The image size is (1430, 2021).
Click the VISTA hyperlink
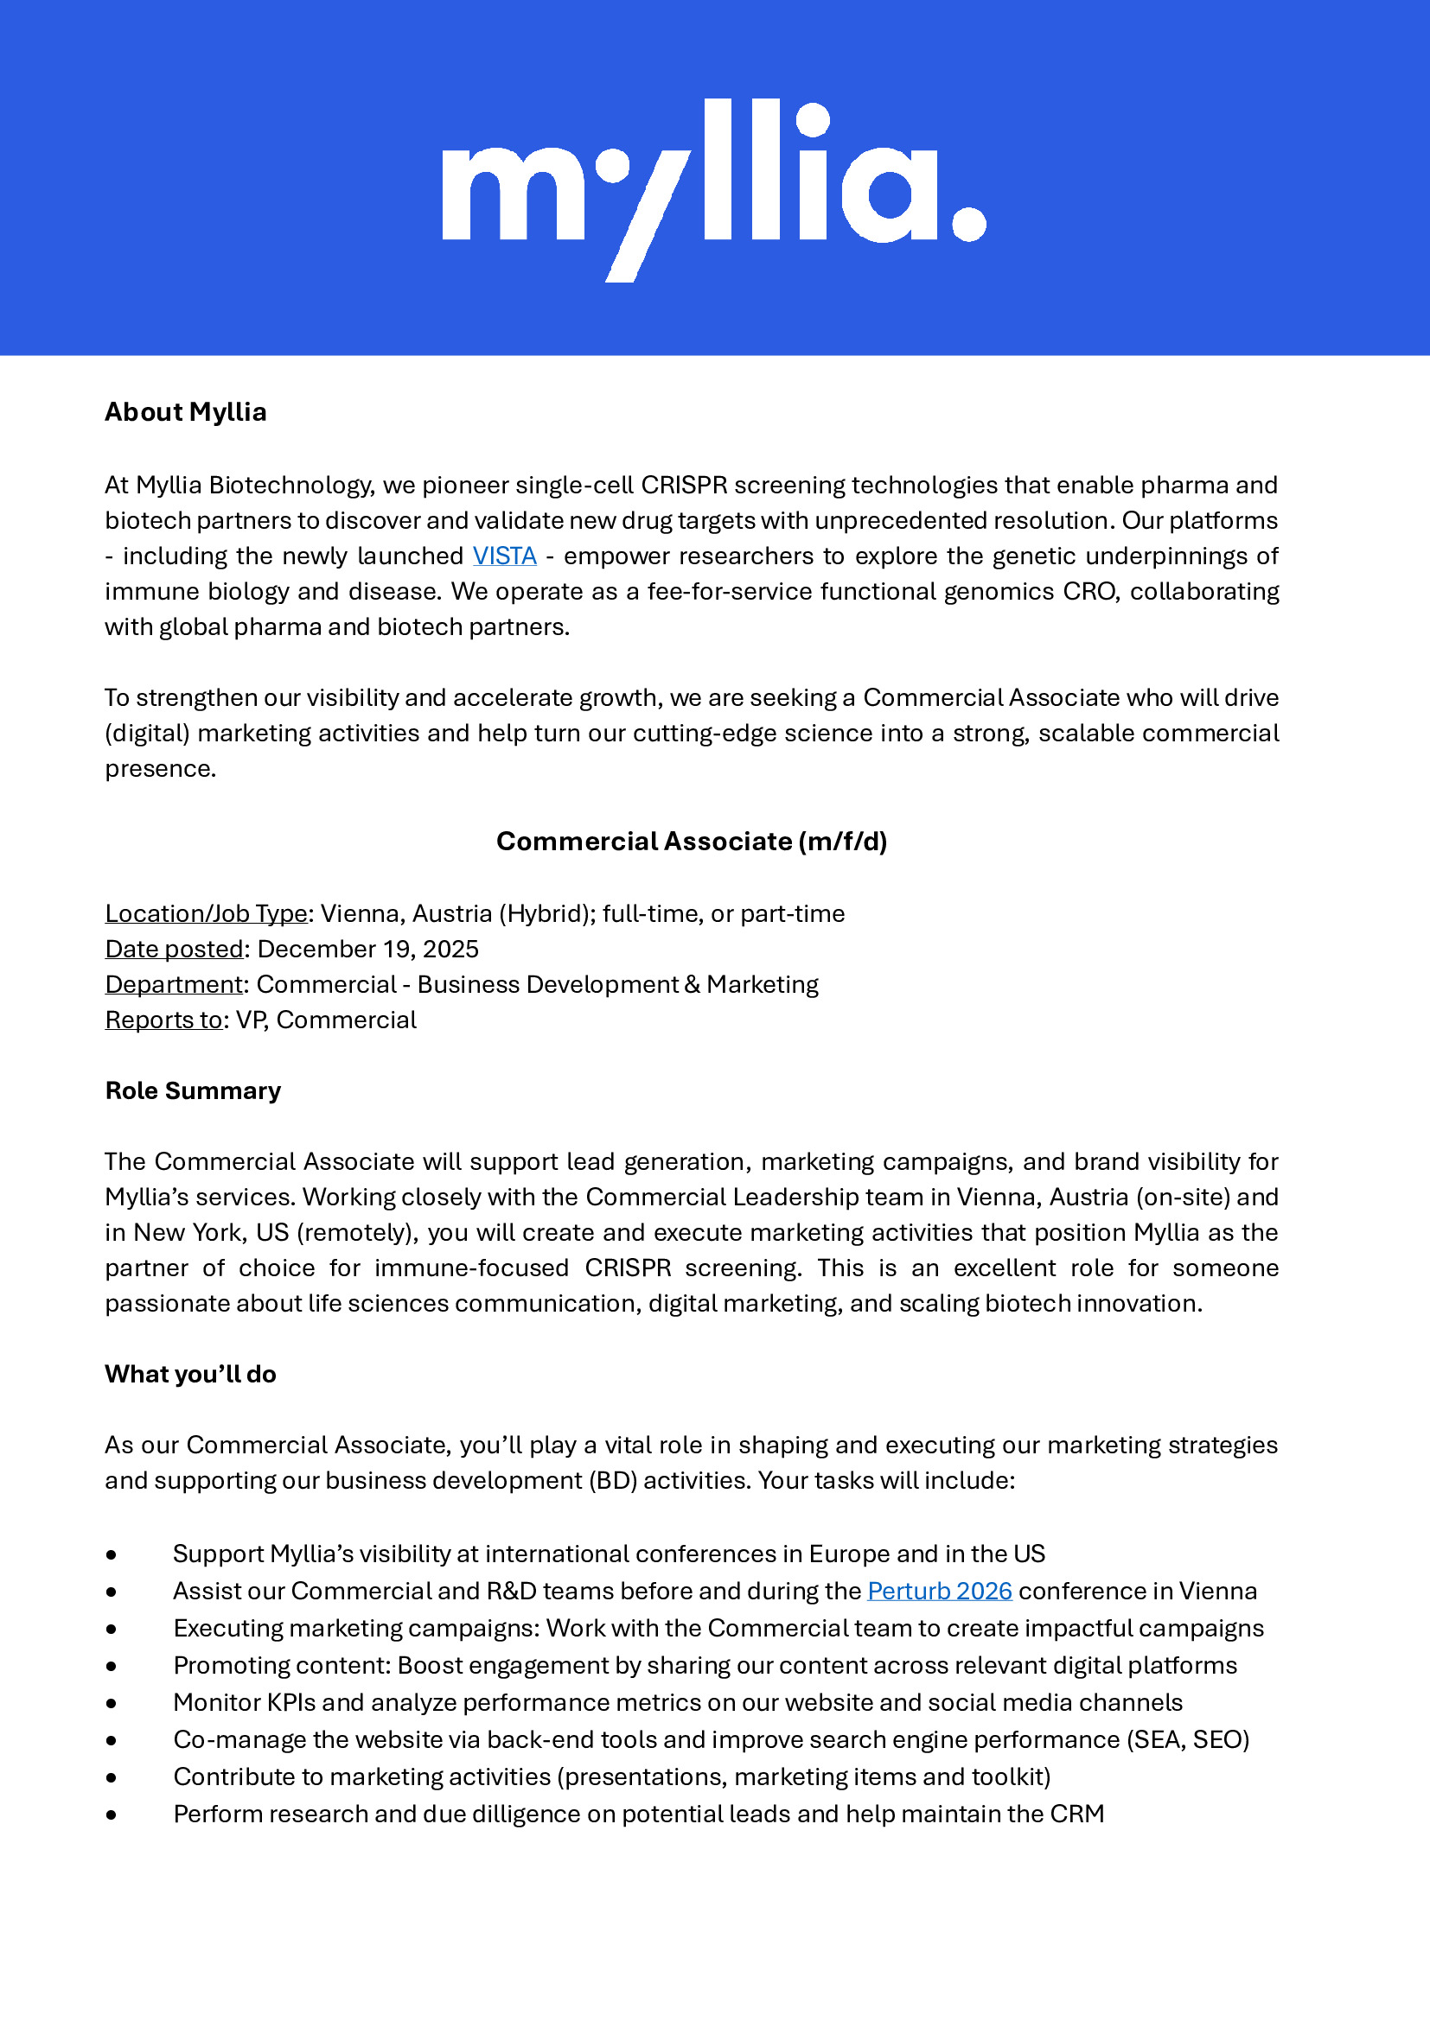point(505,556)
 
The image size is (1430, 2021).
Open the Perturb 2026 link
point(940,1591)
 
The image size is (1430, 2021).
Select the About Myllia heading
point(186,412)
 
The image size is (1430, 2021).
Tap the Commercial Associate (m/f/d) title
point(692,841)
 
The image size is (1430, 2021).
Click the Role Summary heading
point(193,1090)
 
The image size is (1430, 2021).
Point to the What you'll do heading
point(190,1374)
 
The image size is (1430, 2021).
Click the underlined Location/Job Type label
point(206,913)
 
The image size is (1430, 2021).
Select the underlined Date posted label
point(175,949)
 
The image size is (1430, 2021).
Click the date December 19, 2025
point(368,949)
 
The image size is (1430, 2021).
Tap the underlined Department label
point(174,984)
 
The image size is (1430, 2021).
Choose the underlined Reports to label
point(163,1020)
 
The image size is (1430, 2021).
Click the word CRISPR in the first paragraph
point(684,485)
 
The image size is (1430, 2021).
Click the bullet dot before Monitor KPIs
point(111,1703)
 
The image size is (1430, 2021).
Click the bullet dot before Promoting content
point(111,1666)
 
